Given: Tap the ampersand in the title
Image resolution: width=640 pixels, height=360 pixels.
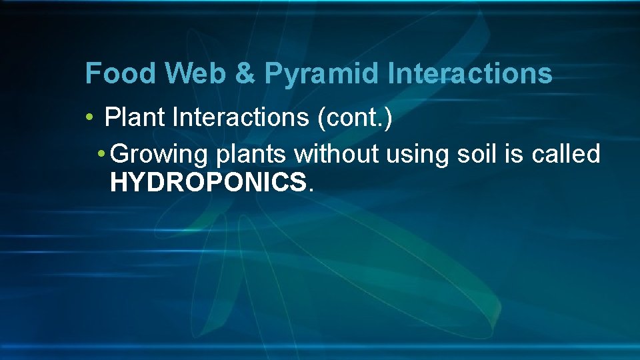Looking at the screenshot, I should click(x=245, y=73).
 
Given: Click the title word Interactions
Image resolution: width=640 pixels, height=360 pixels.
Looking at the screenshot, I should click(x=471, y=73).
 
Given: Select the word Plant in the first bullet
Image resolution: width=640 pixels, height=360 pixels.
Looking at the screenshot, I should click(x=135, y=118).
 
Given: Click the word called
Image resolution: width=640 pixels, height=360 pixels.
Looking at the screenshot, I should click(x=567, y=154).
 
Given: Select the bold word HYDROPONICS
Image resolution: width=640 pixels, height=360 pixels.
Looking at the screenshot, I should click(x=208, y=183).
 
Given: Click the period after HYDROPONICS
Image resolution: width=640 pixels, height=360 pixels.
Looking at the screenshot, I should click(x=309, y=189).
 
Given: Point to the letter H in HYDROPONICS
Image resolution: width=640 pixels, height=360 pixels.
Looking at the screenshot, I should click(x=118, y=183).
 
